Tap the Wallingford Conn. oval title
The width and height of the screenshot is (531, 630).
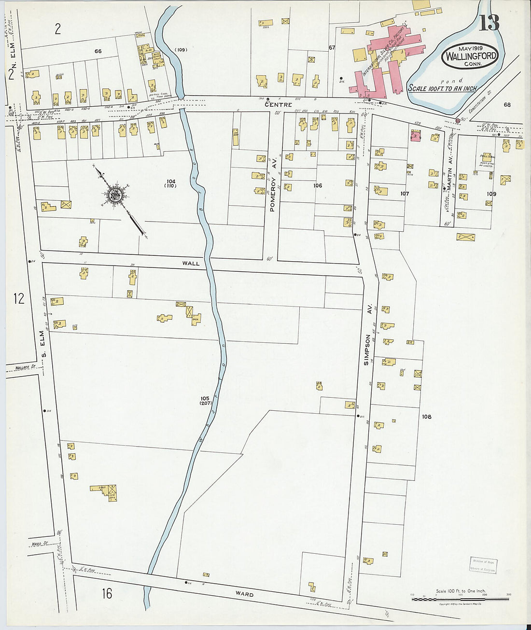point(471,56)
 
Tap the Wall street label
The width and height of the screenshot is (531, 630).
point(191,264)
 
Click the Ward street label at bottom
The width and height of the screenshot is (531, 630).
point(244,594)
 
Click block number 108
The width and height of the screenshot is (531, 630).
point(426,416)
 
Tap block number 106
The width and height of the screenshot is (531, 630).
point(318,185)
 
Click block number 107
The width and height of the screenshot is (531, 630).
point(405,194)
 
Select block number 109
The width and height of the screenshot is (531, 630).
point(491,194)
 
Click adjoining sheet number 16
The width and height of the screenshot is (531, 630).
point(107,593)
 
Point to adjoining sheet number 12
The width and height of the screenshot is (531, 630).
point(18,298)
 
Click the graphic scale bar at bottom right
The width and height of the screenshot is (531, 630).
point(460,599)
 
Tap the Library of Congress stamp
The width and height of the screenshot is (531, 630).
point(483,565)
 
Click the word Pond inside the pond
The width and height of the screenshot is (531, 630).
point(454,81)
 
